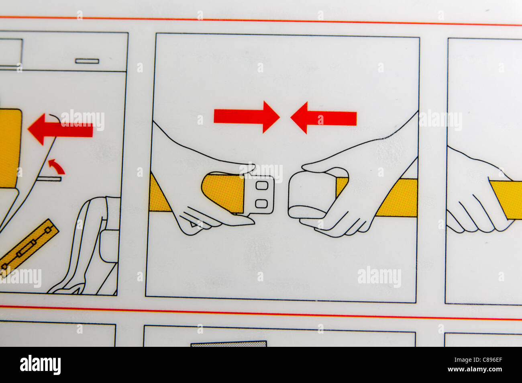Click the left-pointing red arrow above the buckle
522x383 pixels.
pyautogui.click(x=323, y=118)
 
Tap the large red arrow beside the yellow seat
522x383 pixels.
pyautogui.click(x=60, y=129)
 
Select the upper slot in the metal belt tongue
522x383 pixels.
pyautogui.click(x=262, y=185)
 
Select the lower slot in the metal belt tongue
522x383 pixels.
pyautogui.click(x=261, y=203)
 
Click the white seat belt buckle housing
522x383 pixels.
pyautogui.click(x=311, y=195)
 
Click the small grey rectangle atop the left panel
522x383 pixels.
pyautogui.click(x=87, y=61)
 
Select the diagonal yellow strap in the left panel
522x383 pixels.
pyautogui.click(x=28, y=247)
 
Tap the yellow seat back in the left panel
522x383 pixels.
pyautogui.click(x=10, y=149)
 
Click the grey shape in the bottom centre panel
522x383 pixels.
pyautogui.click(x=228, y=344)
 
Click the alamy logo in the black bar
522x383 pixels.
pyautogui.click(x=40, y=365)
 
